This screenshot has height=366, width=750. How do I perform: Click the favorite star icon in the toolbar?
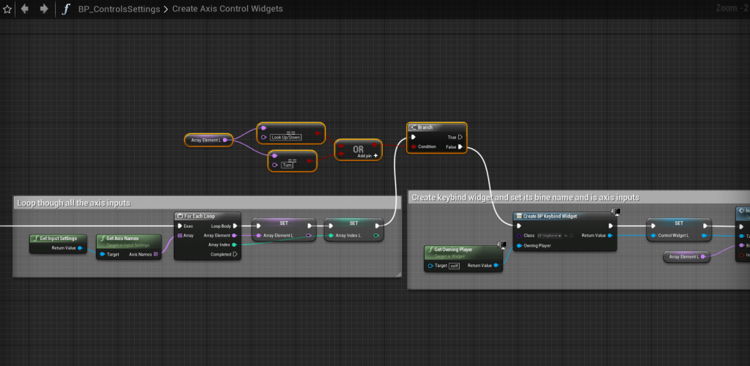click(x=7, y=9)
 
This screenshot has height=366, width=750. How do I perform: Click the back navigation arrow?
click(x=26, y=9)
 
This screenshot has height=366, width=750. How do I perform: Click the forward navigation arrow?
click(x=44, y=9)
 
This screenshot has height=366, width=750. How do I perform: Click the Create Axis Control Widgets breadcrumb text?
click(x=227, y=9)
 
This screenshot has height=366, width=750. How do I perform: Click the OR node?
click(x=359, y=149)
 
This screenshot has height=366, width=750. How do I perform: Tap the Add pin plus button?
click(x=376, y=156)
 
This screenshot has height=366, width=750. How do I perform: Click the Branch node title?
click(x=425, y=127)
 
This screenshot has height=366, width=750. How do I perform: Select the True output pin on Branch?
click(x=460, y=137)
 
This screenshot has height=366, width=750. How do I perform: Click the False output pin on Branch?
click(x=460, y=147)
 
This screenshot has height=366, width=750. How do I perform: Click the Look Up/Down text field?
click(x=286, y=137)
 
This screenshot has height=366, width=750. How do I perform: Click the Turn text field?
click(x=287, y=165)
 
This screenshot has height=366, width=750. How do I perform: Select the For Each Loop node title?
click(x=202, y=216)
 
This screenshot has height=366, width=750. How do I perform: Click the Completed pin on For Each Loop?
click(x=235, y=255)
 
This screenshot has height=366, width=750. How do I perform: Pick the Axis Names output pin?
click(x=155, y=255)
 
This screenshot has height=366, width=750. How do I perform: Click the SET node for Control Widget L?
click(x=679, y=223)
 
